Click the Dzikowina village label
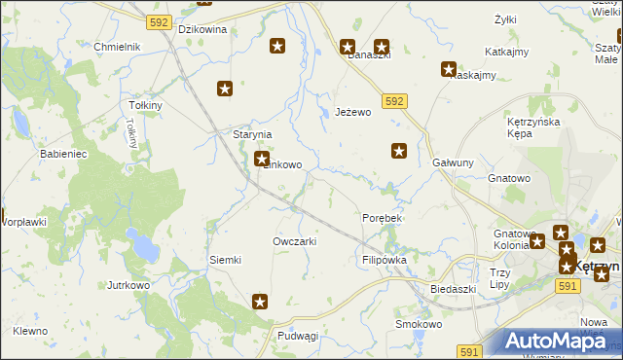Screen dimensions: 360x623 point(203,29)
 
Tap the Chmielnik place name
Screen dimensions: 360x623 point(118,47)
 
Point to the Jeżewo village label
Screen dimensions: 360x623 point(353,113)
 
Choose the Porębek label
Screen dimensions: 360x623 point(382,218)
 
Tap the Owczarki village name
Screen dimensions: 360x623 point(295,241)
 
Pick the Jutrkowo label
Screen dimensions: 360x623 point(128,286)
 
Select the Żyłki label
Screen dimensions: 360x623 point(504,19)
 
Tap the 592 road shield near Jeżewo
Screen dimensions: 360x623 point(394,100)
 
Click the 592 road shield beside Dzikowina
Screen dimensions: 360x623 point(160,20)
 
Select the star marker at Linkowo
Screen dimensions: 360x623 point(261,159)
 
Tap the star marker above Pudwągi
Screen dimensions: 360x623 point(260,302)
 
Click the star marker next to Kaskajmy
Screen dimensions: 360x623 point(449,69)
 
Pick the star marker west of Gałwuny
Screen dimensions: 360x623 point(399,150)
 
